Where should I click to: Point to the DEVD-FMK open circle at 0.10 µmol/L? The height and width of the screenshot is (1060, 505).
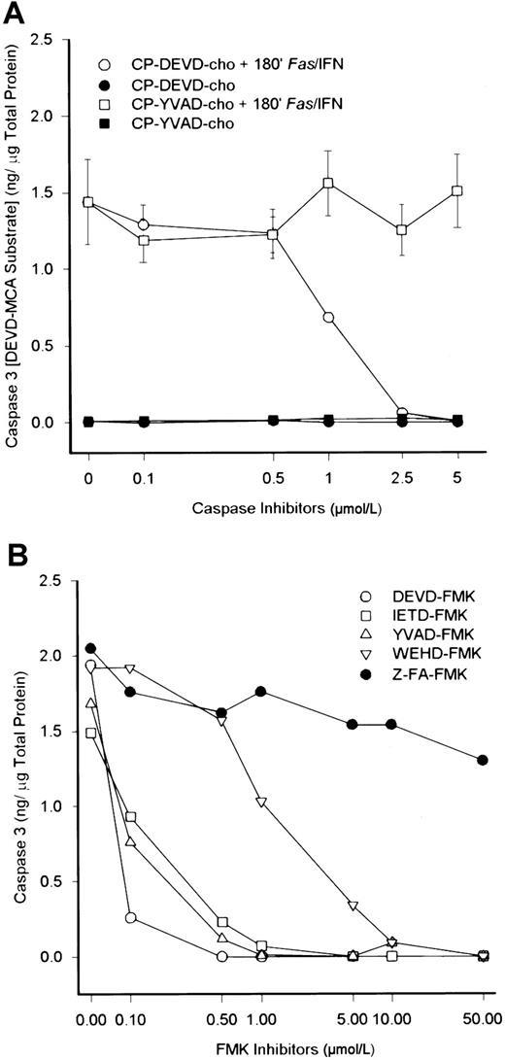(x=130, y=917)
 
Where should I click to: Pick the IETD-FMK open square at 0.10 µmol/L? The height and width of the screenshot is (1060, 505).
(x=130, y=817)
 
